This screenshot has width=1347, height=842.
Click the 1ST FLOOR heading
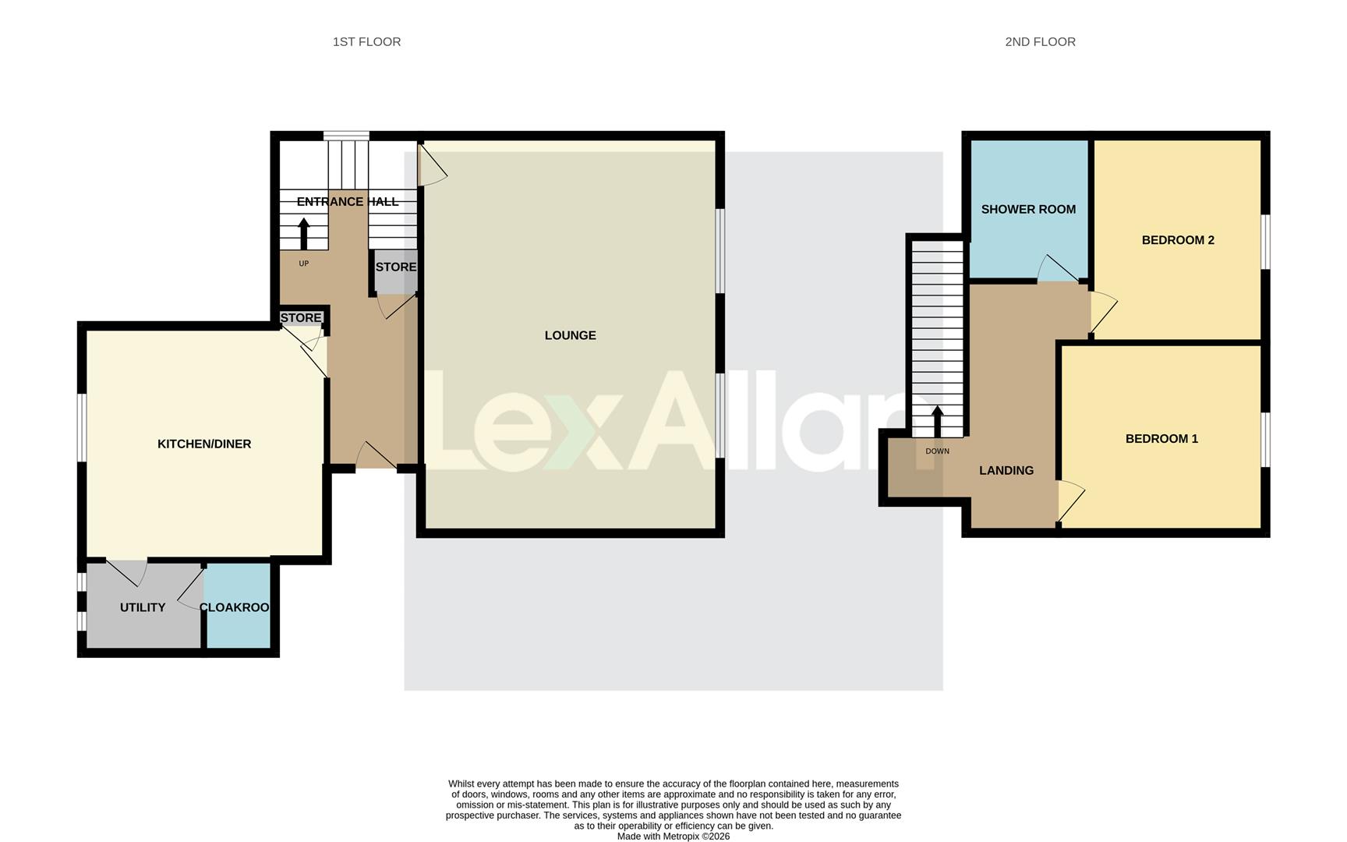click(x=366, y=42)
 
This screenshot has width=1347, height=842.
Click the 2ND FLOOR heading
click(x=1040, y=42)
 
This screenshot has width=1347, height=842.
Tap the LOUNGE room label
click(x=570, y=335)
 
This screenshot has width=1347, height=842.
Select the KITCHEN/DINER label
click(x=204, y=444)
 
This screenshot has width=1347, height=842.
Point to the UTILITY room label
click(x=143, y=607)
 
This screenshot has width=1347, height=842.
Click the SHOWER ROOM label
click(x=1028, y=209)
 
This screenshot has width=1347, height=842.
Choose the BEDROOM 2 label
click(x=1178, y=240)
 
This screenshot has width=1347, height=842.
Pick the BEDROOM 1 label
click(x=1161, y=439)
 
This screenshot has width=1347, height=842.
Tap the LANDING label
click(x=1006, y=470)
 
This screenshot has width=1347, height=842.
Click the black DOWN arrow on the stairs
click(x=938, y=420)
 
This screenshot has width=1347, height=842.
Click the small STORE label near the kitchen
click(x=301, y=317)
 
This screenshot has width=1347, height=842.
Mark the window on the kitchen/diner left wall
click(x=81, y=428)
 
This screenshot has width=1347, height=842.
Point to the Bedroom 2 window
click(x=1266, y=242)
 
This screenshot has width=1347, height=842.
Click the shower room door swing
click(x=1056, y=269)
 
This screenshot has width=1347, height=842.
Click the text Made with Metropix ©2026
click(x=673, y=836)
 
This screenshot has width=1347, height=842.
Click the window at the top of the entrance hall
click(x=346, y=136)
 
